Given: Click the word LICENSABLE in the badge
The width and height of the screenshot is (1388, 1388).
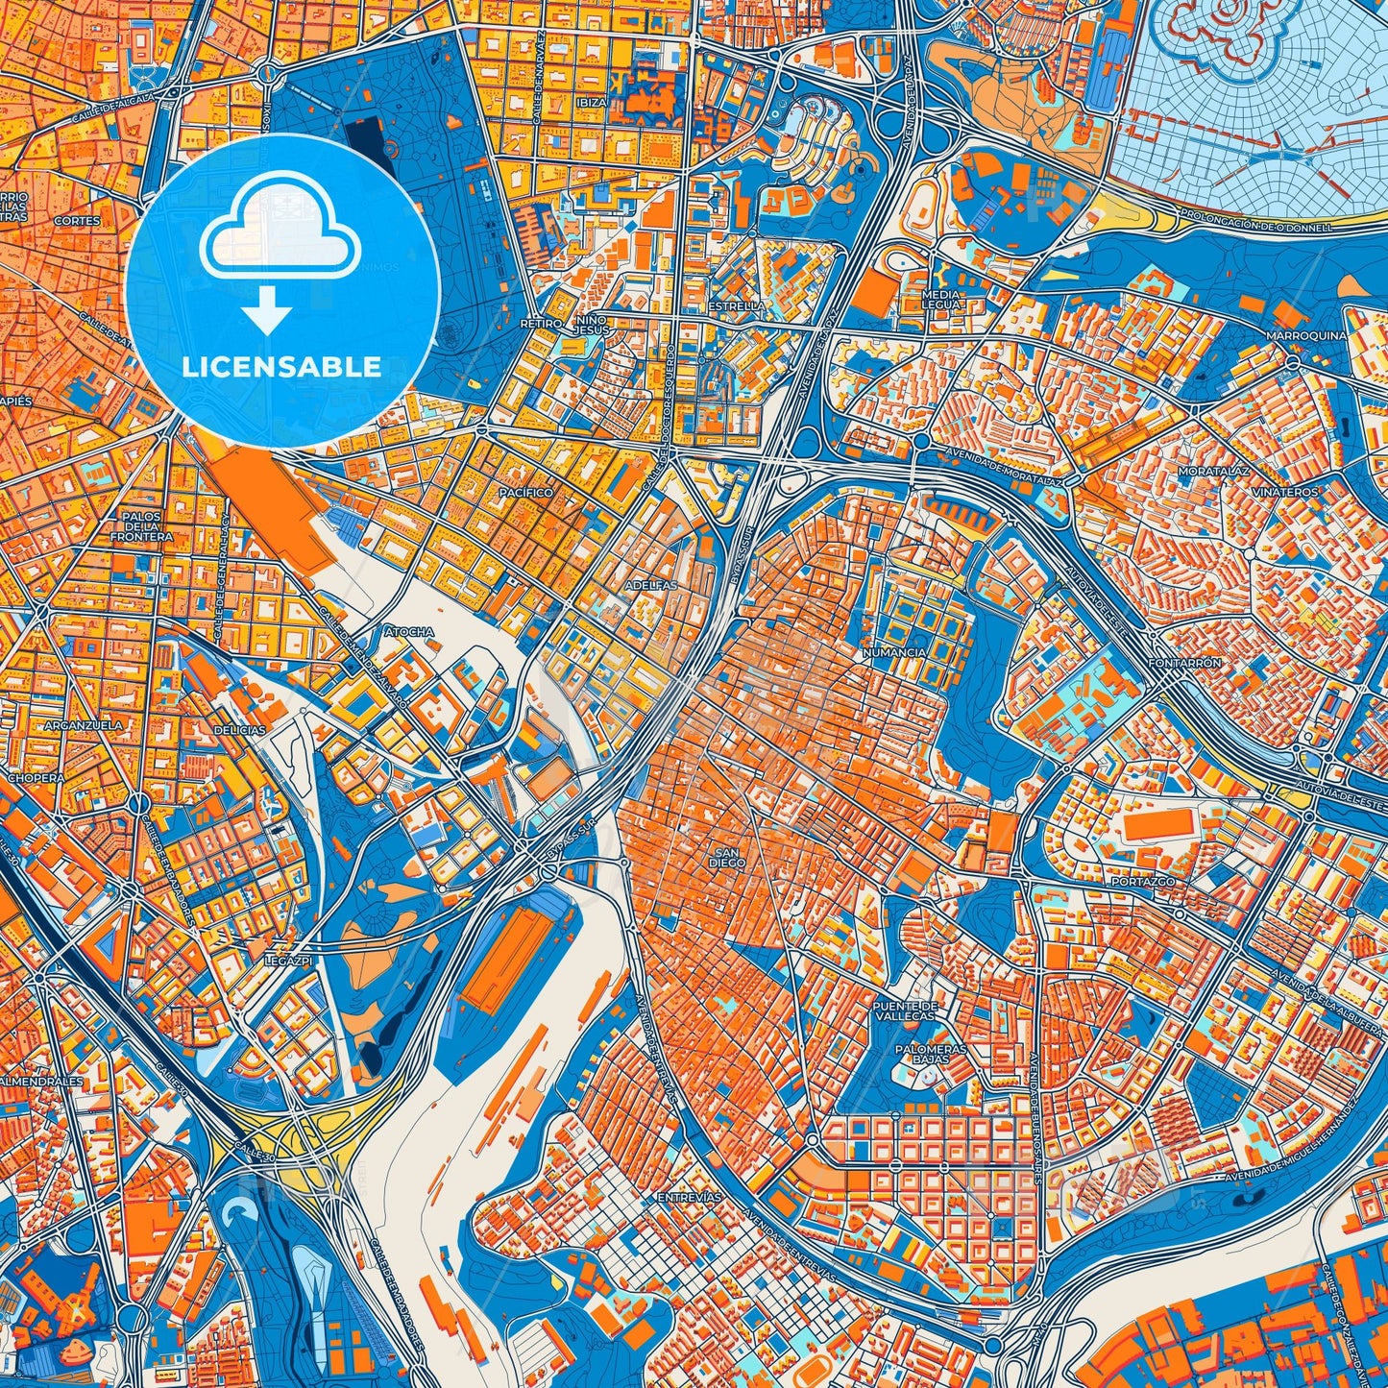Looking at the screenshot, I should coord(281,367).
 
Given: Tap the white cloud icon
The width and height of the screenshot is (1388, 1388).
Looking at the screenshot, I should coord(280,235).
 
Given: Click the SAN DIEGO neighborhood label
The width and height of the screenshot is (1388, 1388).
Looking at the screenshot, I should coord(727,858).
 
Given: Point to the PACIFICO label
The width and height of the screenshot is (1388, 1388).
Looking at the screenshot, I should coord(525,492).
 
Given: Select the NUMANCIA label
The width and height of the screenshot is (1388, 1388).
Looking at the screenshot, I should coord(894,652).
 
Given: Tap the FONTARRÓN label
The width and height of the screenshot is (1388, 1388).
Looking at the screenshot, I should coord(1188,663).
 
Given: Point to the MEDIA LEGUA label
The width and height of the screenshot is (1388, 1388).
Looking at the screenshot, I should coord(939,299).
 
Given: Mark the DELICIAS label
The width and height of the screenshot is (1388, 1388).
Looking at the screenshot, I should coord(238,730).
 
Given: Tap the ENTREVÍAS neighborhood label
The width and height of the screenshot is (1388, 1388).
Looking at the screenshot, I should coord(688,1198).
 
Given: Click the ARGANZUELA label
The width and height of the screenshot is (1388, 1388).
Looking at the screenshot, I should coord(84,725).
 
